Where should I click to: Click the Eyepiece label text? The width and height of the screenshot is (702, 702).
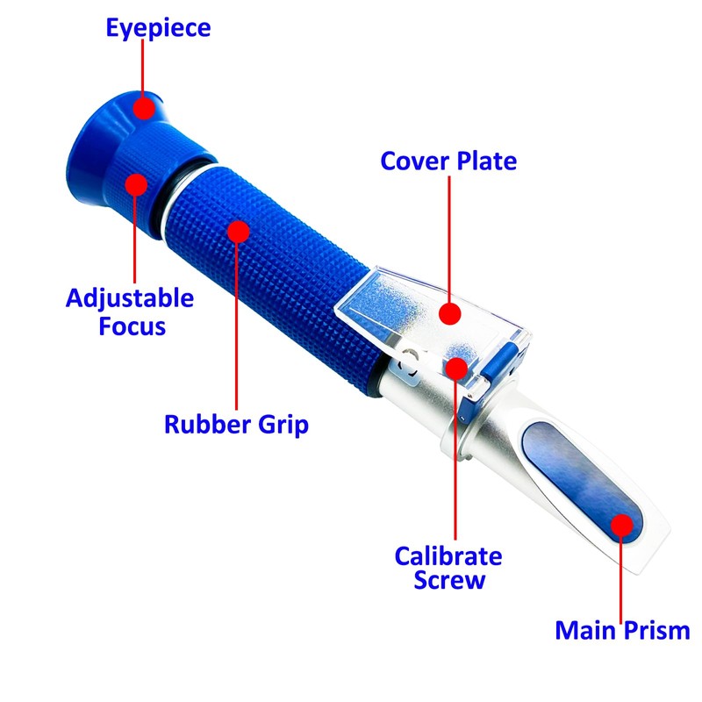tap(158, 27)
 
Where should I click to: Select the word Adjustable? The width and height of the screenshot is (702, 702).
tap(129, 298)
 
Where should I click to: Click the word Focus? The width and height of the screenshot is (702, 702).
tap(131, 326)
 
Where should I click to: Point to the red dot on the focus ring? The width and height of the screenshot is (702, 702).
tap(135, 183)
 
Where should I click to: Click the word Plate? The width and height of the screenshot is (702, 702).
tap(485, 161)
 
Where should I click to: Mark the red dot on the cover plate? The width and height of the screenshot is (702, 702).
tap(449, 313)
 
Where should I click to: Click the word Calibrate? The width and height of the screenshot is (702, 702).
tap(448, 556)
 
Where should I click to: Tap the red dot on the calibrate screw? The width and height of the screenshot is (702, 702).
tap(455, 367)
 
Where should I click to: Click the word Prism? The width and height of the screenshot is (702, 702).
tap(655, 630)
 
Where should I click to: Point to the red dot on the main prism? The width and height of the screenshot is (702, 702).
tap(621, 525)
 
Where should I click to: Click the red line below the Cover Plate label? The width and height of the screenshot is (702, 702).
tap(449, 237)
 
